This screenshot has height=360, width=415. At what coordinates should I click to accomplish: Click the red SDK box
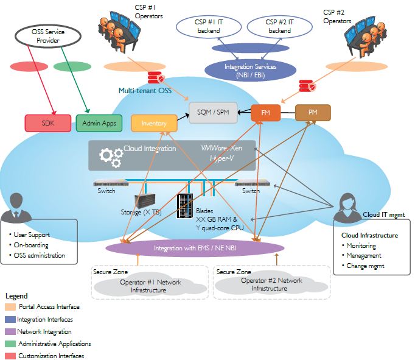tap(48, 124)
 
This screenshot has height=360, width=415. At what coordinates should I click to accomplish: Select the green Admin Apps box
tap(99, 123)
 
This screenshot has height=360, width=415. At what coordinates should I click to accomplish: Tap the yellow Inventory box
tap(154, 124)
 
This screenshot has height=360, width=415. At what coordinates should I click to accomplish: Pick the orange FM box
tap(266, 113)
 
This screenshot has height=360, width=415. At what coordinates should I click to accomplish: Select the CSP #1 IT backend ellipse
tap(208, 27)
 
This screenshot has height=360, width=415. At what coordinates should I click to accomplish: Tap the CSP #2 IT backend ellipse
tap(279, 27)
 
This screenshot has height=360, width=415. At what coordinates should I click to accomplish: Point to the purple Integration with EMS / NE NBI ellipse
tap(195, 249)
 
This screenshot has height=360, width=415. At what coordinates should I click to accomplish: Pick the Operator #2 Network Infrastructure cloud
tap(271, 284)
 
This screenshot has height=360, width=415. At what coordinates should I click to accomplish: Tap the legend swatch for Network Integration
tap(11, 331)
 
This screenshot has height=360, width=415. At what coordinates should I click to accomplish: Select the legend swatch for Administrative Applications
tap(11, 344)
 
